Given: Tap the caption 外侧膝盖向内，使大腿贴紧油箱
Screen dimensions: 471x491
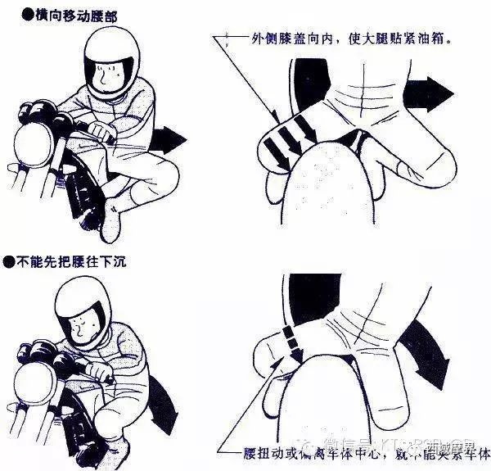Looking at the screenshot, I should [352, 38].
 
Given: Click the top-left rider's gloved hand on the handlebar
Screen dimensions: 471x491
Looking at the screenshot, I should [99, 130].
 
